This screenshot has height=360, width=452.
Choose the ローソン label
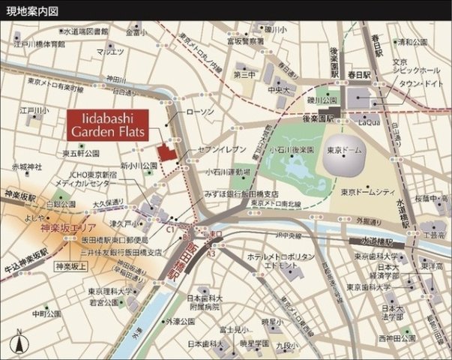(x=199, y=112)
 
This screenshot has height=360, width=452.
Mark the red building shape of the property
(x=166, y=150)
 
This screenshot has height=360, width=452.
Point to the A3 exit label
(x=211, y=254)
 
